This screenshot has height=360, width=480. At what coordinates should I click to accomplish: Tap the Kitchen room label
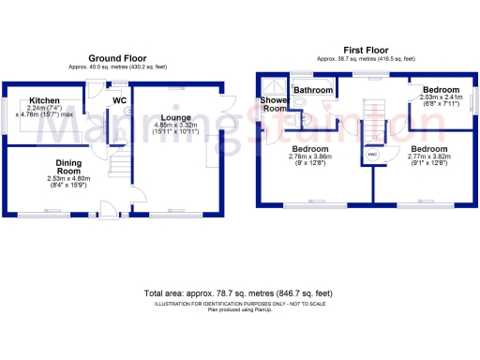click(x=44, y=100)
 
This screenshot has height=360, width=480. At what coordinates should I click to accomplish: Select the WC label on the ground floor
click(x=120, y=100)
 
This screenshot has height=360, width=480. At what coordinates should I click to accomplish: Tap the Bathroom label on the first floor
click(x=312, y=90)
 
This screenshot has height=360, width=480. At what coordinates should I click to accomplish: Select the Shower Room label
click(x=274, y=104)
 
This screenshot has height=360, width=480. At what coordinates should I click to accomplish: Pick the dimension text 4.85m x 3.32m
click(x=175, y=125)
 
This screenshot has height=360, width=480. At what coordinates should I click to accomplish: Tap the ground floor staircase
click(x=118, y=167)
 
